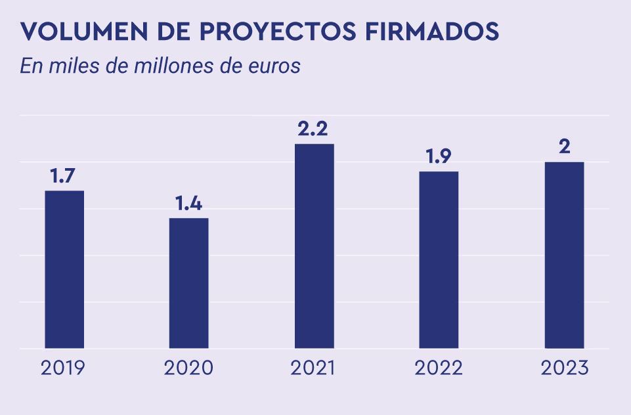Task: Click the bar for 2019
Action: click(x=64, y=269)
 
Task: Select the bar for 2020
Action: click(x=189, y=283)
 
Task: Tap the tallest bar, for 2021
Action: click(x=315, y=246)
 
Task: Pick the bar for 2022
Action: click(x=439, y=260)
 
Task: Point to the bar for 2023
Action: click(x=564, y=255)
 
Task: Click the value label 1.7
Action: click(x=64, y=176)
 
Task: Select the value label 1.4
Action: click(x=189, y=204)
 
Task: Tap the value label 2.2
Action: click(x=315, y=129)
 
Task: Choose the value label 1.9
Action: click(x=439, y=157)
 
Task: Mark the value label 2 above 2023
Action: click(x=564, y=147)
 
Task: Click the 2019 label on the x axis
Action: click(x=64, y=368)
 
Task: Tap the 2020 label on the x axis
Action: click(x=189, y=368)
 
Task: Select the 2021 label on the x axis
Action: click(x=313, y=368)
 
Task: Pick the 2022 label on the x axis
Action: click(x=439, y=368)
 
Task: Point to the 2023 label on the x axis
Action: click(x=564, y=368)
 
